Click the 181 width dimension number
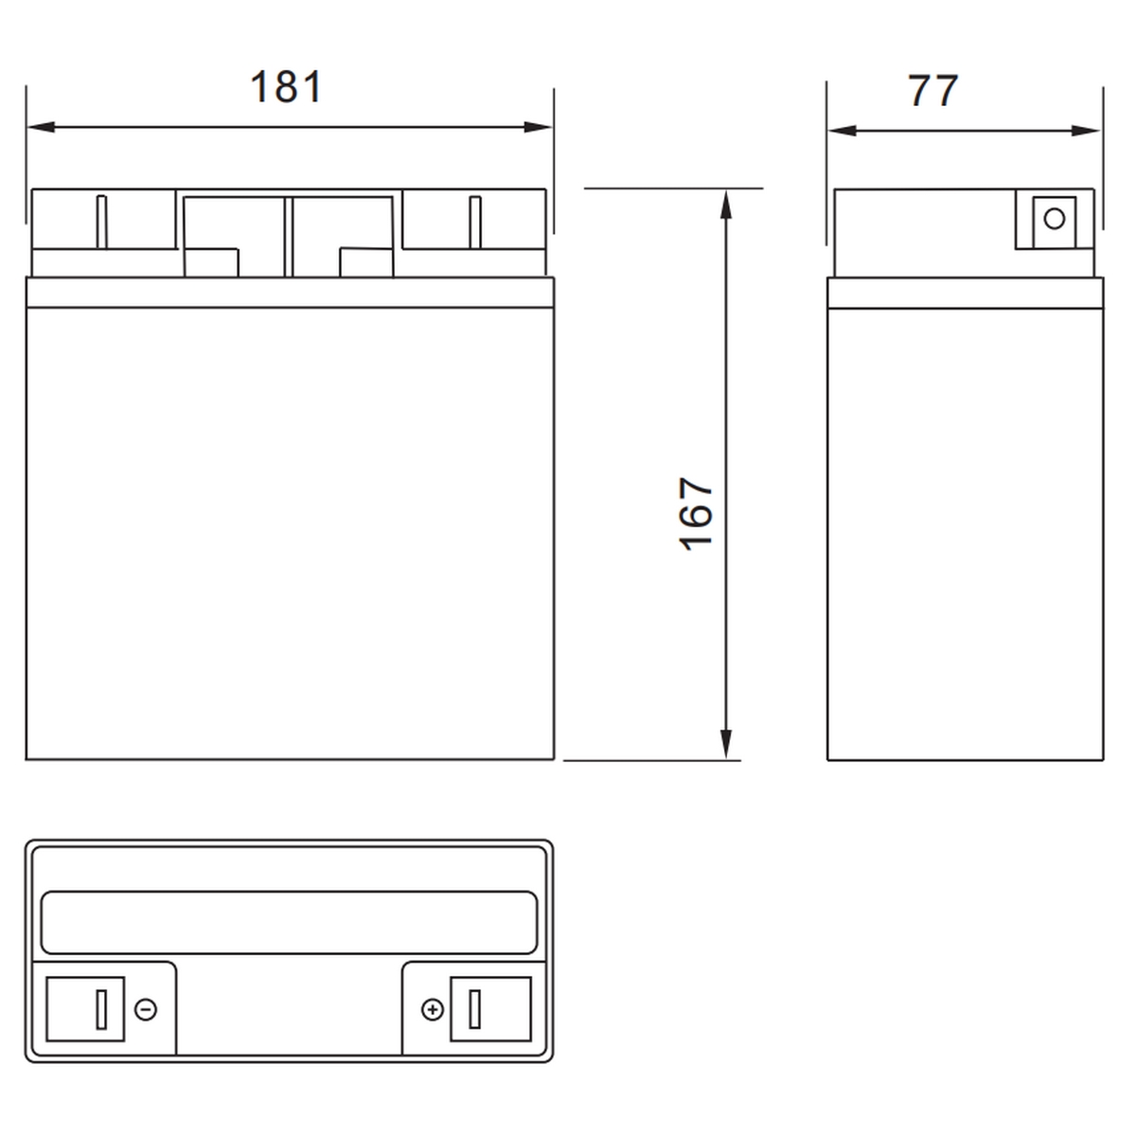pyautogui.click(x=287, y=87)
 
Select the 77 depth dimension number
pyautogui.click(x=932, y=91)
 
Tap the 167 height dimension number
pyautogui.click(x=696, y=514)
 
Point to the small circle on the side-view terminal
pyautogui.click(x=1054, y=220)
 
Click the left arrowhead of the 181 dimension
pyautogui.click(x=42, y=127)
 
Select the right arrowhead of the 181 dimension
pyautogui.click(x=538, y=127)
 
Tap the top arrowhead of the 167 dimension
pyautogui.click(x=726, y=204)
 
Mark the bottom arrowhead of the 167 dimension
pyautogui.click(x=726, y=745)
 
